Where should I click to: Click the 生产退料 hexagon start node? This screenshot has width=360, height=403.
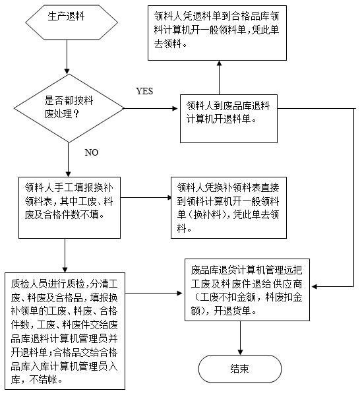pyautogui.click(x=71, y=22)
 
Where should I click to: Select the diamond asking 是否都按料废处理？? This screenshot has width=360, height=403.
pyautogui.click(x=69, y=108)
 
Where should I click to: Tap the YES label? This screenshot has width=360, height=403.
pyautogui.click(x=144, y=91)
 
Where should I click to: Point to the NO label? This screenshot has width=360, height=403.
pyautogui.click(x=92, y=152)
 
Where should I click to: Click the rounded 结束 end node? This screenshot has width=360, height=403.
pyautogui.click(x=240, y=369)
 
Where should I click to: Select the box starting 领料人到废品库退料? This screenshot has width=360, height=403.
pyautogui.click(x=229, y=119)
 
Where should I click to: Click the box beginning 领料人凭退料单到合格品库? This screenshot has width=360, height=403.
pyautogui.click(x=217, y=33)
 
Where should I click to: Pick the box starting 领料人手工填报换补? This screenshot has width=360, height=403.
pyautogui.click(x=69, y=208)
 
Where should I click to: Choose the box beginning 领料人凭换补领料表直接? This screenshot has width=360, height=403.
pyautogui.click(x=229, y=208)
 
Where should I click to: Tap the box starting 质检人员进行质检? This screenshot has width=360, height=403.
pyautogui.click(x=65, y=331)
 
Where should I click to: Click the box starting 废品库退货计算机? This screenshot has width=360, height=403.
pyautogui.click(x=247, y=290)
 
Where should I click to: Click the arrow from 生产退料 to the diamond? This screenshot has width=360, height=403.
pyautogui.click(x=67, y=57)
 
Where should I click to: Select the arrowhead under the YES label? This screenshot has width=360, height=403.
pyautogui.click(x=175, y=108)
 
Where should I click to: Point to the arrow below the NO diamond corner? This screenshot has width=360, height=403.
pyautogui.click(x=69, y=160)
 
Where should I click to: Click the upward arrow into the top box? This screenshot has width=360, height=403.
pyautogui.click(x=219, y=78)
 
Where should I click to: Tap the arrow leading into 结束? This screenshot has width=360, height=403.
pyautogui.click(x=240, y=338)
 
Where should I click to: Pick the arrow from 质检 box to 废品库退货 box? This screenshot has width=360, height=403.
pyautogui.click(x=154, y=293)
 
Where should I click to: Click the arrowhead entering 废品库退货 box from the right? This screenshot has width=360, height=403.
pyautogui.click(x=315, y=286)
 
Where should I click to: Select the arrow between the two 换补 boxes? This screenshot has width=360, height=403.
pyautogui.click(x=146, y=197)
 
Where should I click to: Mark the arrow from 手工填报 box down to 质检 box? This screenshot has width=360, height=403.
pyautogui.click(x=65, y=255)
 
